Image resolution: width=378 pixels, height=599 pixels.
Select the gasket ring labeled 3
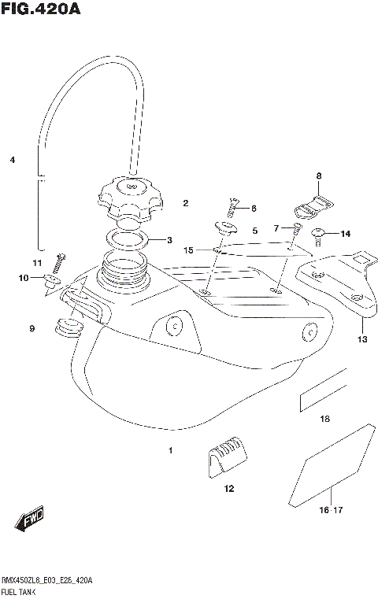129,238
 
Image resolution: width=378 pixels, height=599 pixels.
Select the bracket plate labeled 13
339,287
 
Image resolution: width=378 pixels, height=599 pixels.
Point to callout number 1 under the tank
170,451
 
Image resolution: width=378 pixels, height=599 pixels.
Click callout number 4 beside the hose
13,160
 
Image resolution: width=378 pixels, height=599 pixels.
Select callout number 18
324,420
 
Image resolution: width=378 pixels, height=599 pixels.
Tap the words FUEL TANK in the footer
21,590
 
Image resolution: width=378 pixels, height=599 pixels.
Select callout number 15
188,250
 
